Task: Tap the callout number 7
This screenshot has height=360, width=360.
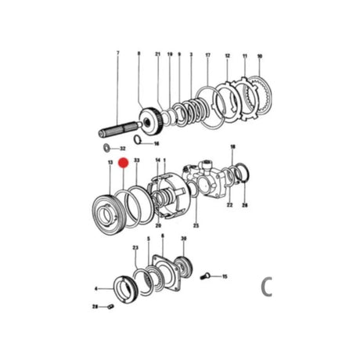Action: (x=118, y=52)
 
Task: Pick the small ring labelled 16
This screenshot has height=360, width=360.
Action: (x=135, y=141)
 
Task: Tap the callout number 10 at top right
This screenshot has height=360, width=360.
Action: (x=259, y=57)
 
